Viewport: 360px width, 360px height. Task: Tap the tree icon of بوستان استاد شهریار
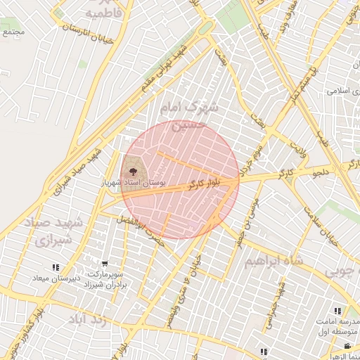(131, 170)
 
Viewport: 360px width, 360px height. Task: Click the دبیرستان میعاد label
(52, 278)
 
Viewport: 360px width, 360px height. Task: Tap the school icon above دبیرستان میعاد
(55, 267)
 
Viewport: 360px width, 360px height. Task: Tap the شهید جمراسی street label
(274, 309)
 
